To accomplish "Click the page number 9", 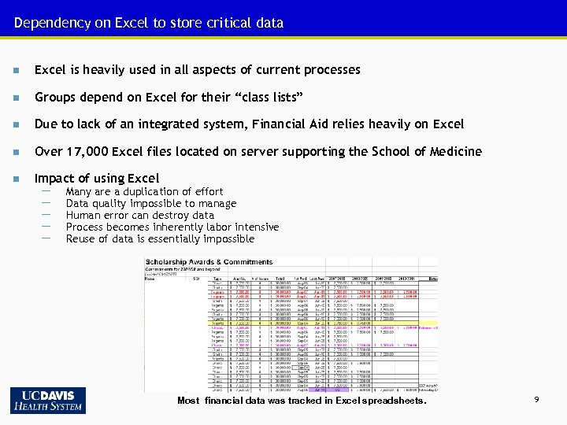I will tap(536, 401).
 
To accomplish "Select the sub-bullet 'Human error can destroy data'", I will tap(139, 215).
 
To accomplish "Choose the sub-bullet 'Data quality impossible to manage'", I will tap(151, 203).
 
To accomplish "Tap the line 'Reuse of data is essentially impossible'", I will tap(160, 238).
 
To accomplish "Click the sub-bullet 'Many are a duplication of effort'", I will tap(144, 191).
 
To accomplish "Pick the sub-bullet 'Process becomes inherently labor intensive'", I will tap(172, 227).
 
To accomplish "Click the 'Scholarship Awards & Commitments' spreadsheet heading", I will tap(209, 262).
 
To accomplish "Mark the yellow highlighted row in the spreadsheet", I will tap(236, 323).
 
